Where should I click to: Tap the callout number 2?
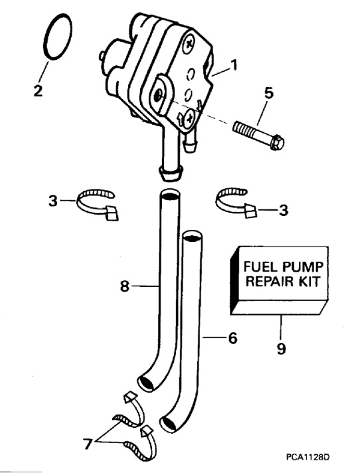coord(38,90)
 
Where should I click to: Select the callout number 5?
coord(268,94)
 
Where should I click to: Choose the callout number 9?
coord(282,348)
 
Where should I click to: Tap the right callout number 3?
coord(284,210)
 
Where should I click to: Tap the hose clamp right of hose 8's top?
coord(236,200)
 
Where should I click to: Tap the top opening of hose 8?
coord(169,197)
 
